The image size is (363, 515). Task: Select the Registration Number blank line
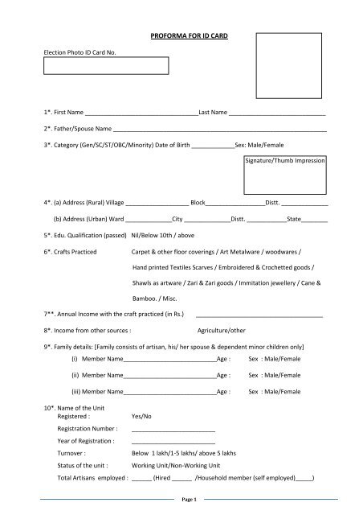[x=173, y=431]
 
